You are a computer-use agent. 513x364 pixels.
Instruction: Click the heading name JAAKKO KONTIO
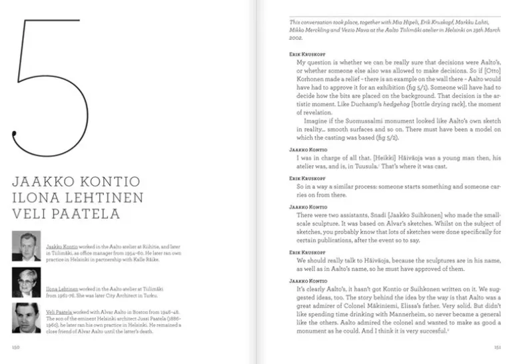tap(67, 180)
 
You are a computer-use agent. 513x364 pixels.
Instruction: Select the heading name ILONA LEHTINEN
tap(69, 197)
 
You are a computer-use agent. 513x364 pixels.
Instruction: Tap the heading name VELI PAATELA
tap(66, 214)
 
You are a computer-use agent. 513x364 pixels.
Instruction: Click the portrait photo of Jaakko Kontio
tap(26, 246)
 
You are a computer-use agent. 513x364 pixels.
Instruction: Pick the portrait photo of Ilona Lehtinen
tap(26, 282)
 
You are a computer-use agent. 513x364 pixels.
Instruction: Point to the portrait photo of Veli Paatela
tap(26, 318)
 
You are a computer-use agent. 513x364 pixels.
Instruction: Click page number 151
tap(497, 347)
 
